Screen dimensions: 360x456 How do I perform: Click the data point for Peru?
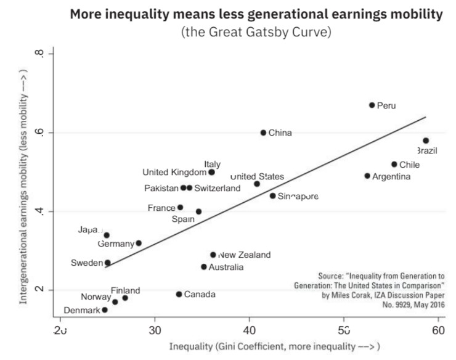click(x=372, y=105)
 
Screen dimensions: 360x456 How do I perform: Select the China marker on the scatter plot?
click(x=263, y=133)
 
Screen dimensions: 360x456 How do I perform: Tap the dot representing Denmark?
click(x=105, y=310)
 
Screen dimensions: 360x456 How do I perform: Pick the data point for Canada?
click(x=179, y=294)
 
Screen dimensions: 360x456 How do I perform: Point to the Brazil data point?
click(x=426, y=141)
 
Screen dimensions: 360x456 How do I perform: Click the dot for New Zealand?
click(x=213, y=255)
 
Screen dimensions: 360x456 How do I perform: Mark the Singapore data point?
click(x=272, y=196)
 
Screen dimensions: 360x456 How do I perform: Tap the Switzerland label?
click(x=218, y=188)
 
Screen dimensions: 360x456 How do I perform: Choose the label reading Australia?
click(x=226, y=267)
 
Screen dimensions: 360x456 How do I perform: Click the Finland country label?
click(x=125, y=290)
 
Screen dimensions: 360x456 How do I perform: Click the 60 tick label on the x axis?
click(x=438, y=330)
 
